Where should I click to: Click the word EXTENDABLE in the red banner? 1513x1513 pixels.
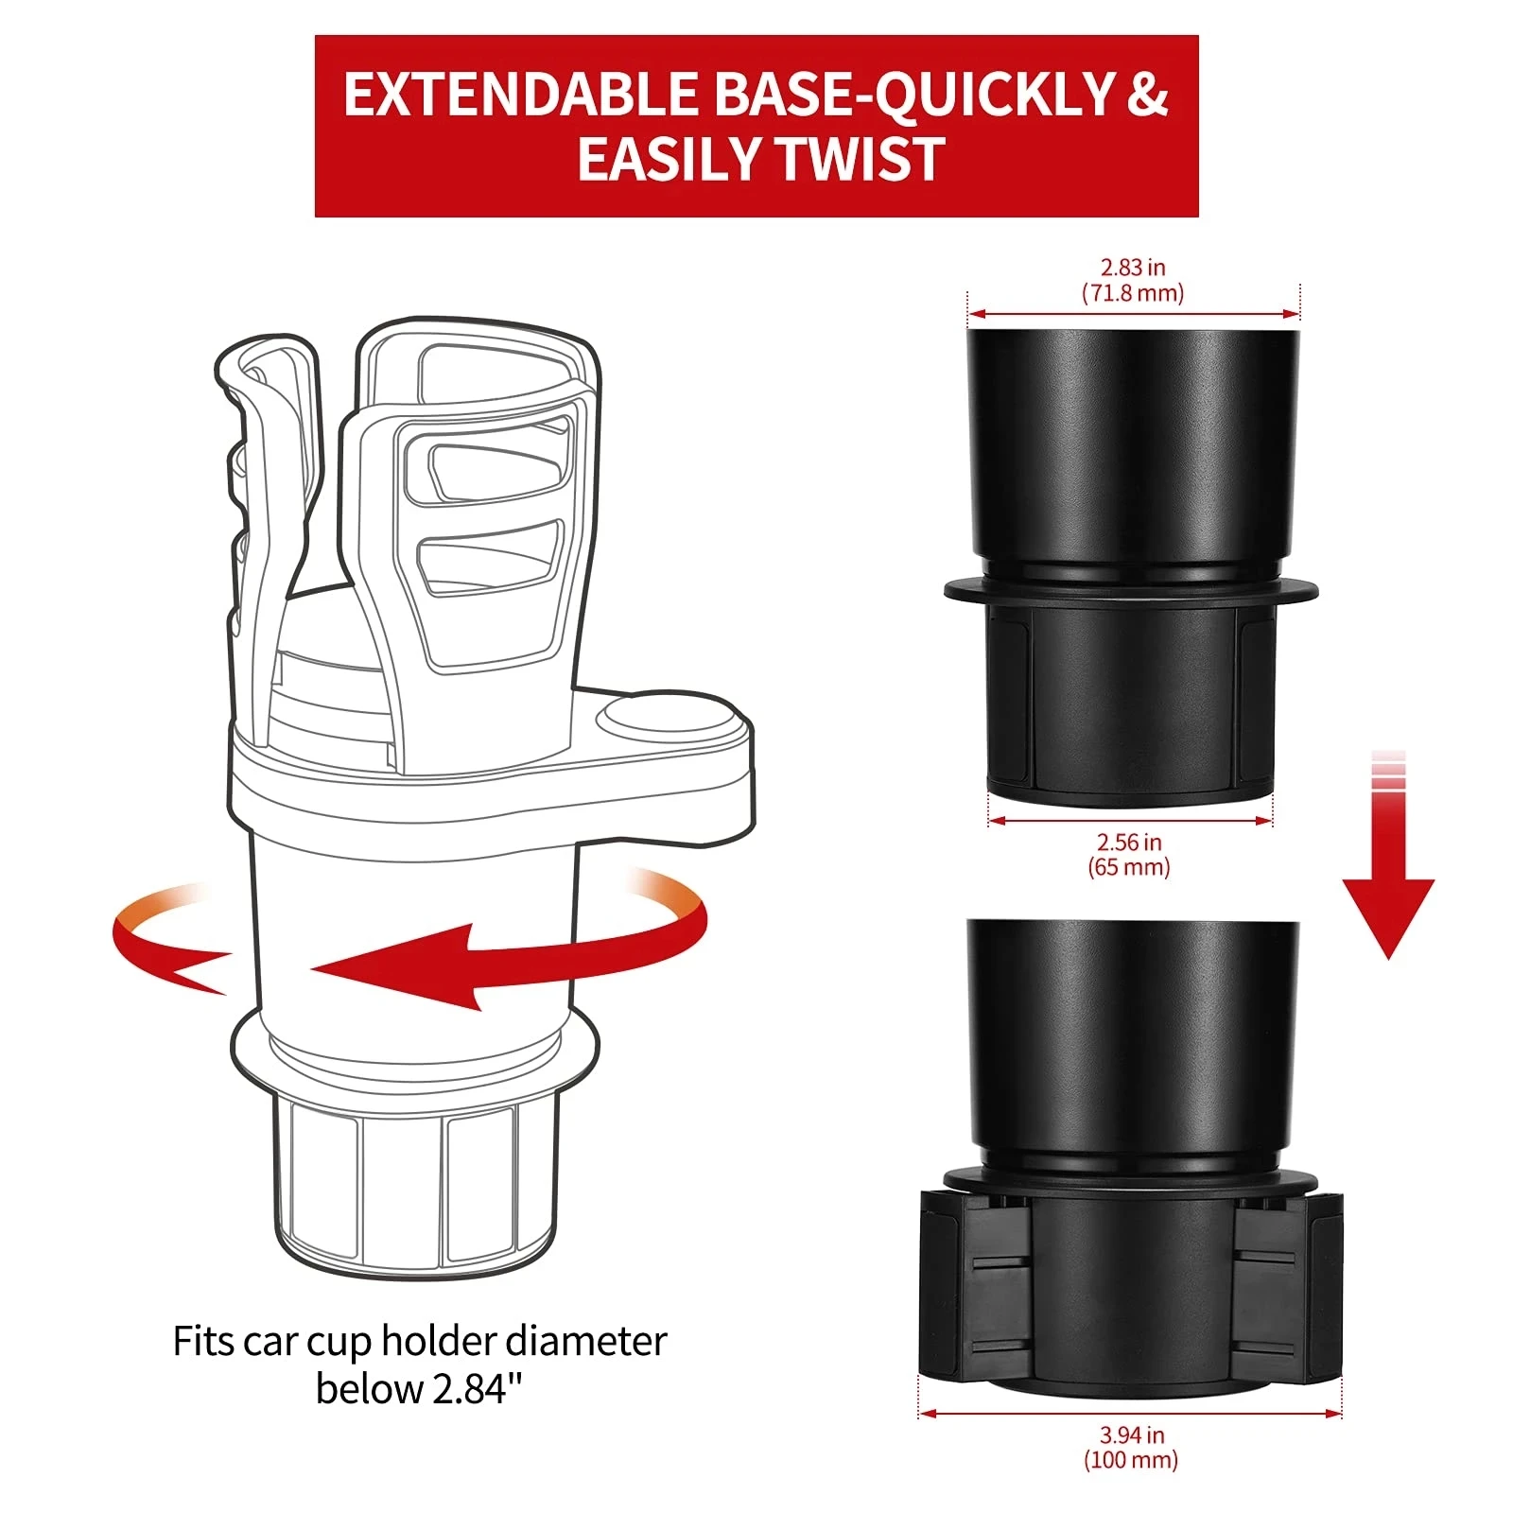[519, 95]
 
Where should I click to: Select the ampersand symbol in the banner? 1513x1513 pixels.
[1146, 95]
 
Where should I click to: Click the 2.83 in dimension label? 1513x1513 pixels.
[1132, 268]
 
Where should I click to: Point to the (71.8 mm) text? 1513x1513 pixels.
[1132, 293]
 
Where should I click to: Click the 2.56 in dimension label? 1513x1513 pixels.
[1129, 842]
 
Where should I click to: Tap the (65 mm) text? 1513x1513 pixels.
[1129, 867]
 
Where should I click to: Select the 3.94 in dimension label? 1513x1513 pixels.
[1131, 1435]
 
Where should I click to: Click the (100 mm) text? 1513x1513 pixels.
[1131, 1460]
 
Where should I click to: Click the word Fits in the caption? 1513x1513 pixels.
[202, 1341]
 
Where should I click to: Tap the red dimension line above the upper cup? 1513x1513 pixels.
[1133, 314]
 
